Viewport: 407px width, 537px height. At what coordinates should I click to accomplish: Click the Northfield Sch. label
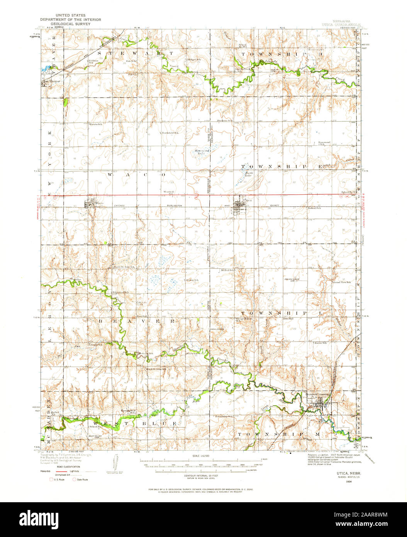170,133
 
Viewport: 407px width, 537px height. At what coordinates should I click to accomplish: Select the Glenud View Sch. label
341,282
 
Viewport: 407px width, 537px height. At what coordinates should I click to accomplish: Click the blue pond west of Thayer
46,69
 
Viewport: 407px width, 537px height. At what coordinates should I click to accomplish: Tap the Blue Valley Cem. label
97,436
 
